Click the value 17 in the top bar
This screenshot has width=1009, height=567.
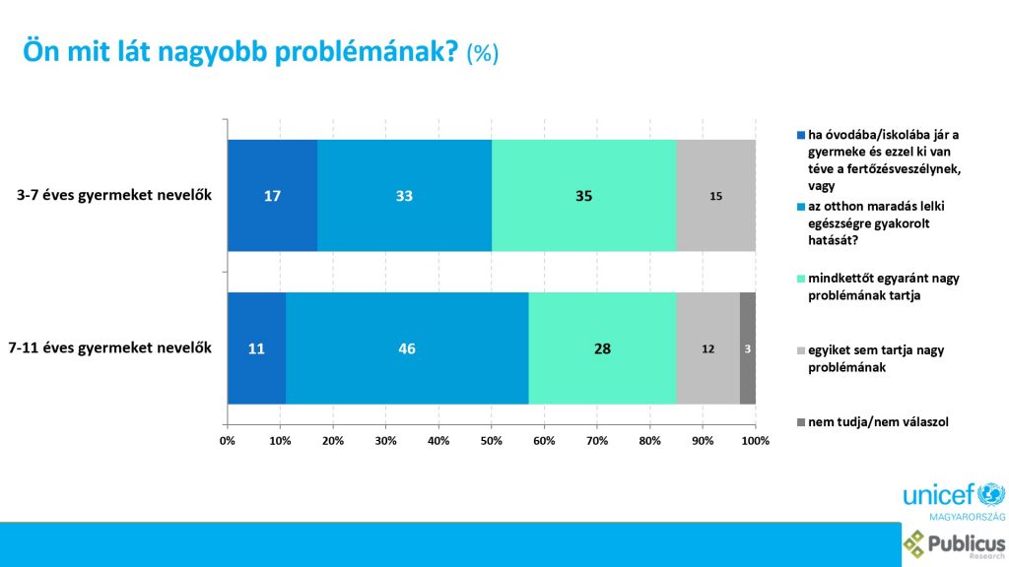click(273, 196)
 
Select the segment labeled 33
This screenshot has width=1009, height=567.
click(404, 196)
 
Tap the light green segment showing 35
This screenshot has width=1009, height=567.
click(583, 196)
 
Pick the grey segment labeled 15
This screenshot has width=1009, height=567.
click(715, 196)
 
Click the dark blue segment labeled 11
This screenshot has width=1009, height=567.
click(256, 347)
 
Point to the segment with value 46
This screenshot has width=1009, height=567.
click(407, 347)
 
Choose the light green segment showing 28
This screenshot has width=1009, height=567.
click(601, 347)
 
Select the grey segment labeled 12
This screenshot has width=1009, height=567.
click(707, 347)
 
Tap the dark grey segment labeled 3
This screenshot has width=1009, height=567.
click(748, 347)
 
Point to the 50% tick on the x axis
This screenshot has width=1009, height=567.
click(492, 439)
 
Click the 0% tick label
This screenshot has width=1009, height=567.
click(228, 439)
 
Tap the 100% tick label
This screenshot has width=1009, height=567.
click(755, 439)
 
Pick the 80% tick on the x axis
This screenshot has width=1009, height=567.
click(650, 439)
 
